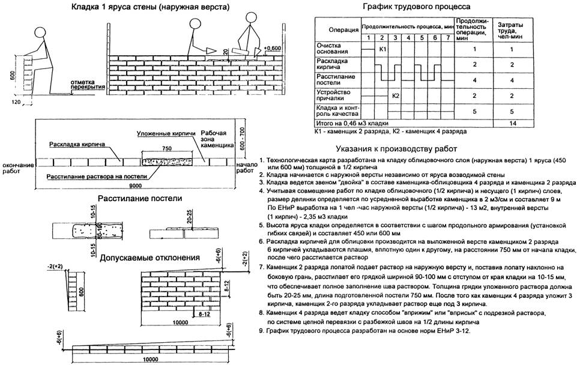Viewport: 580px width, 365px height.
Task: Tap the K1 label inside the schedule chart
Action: (383, 49)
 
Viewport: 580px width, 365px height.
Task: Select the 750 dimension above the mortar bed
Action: (168, 147)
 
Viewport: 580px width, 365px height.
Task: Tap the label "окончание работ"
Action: (17, 167)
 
